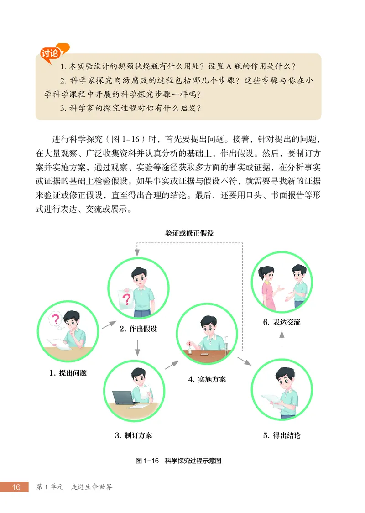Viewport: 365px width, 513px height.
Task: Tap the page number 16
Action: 16,487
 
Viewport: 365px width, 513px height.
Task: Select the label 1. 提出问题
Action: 68,373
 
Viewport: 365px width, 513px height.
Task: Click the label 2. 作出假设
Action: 138,329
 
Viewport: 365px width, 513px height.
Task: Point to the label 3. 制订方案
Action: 134,435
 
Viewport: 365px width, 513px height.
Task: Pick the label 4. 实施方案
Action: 207,379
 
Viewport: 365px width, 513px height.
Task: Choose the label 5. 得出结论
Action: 282,435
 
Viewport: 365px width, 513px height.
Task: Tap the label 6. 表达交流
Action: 282,322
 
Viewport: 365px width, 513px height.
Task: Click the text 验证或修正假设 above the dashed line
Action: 189,233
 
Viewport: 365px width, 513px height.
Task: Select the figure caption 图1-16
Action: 147,461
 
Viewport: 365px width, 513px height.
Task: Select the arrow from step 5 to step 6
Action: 282,339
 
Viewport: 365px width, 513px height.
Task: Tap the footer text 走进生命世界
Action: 92,487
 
